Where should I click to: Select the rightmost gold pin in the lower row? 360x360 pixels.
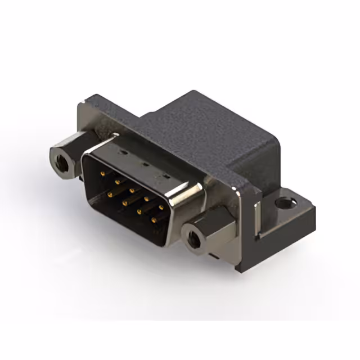152,219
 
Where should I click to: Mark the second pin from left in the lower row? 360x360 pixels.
123,201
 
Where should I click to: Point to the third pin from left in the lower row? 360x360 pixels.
137,210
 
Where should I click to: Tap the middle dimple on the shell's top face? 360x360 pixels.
143,165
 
